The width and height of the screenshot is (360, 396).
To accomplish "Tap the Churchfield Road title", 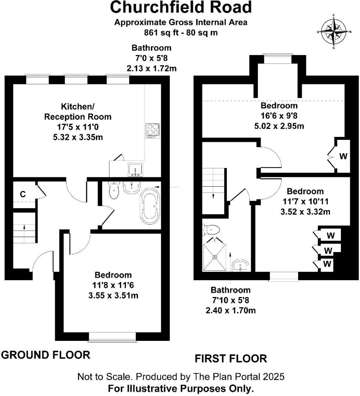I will tap(181, 7).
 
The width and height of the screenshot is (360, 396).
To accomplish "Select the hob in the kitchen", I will tap(152, 130).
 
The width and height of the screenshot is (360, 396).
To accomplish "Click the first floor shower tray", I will tap(215, 257).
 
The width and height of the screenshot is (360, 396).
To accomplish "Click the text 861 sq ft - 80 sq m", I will tap(181, 32).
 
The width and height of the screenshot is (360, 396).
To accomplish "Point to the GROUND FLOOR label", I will tap(46, 355).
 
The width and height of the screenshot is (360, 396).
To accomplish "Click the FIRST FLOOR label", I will tap(231, 358).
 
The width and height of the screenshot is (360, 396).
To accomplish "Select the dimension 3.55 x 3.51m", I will tap(113, 295).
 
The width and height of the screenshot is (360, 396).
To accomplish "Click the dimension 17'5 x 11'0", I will tap(78, 127).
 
